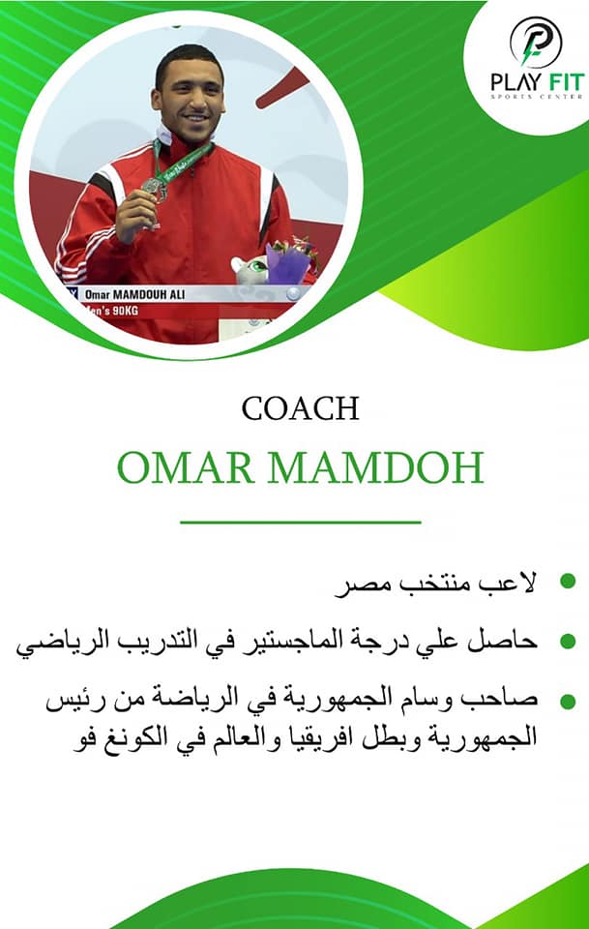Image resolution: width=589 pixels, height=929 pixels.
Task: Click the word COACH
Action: [300, 408]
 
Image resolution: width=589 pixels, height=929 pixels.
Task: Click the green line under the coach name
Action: [300, 523]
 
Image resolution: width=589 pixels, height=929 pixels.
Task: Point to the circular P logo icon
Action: [536, 42]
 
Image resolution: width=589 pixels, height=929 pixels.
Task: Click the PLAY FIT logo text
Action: [538, 82]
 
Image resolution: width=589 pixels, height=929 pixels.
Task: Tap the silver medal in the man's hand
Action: [154, 189]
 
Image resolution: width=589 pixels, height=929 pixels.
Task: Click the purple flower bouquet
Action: [290, 259]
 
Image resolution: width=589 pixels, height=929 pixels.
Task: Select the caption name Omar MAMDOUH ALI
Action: [135, 294]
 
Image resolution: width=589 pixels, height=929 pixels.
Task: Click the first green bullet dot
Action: [568, 581]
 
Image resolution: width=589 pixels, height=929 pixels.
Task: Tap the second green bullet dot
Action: [568, 641]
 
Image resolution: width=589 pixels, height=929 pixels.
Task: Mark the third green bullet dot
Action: [568, 702]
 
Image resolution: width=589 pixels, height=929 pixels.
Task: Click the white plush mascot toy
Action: [249, 271]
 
